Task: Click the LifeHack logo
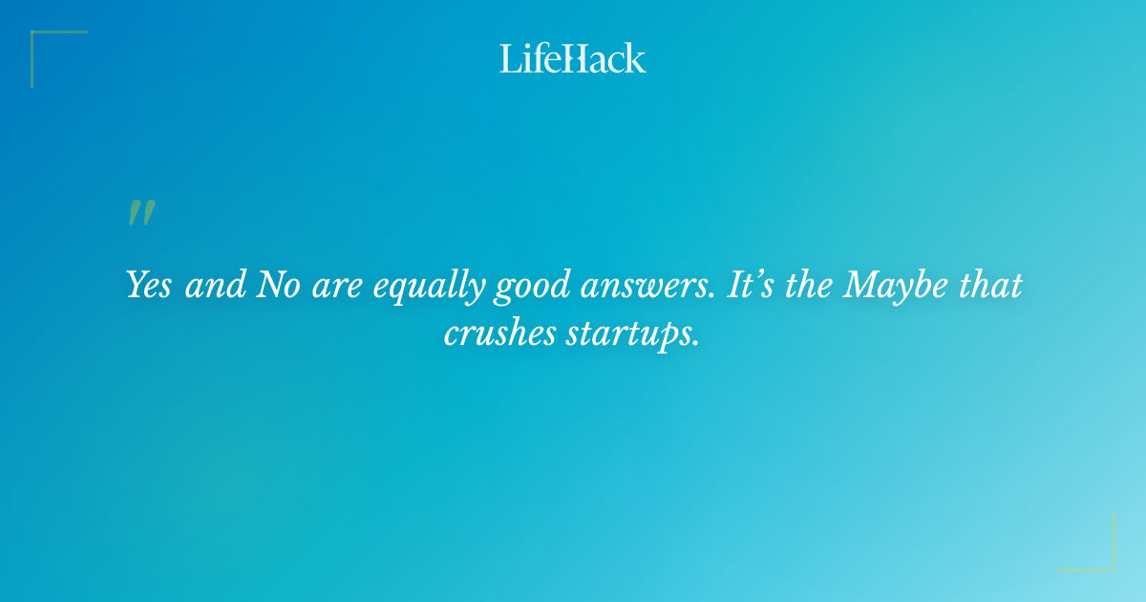point(573,58)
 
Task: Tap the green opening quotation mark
point(141,214)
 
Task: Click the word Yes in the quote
point(149,285)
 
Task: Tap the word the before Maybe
point(811,285)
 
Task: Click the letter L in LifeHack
point(509,58)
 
